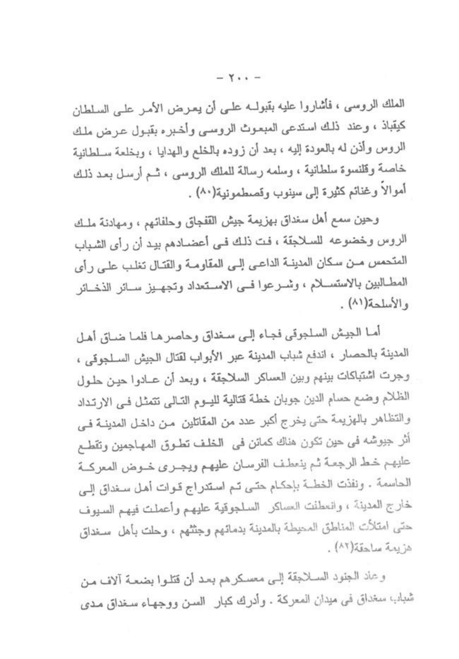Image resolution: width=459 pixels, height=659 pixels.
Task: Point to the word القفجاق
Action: click(227, 221)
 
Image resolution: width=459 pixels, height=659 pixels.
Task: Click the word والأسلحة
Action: click(388, 304)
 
